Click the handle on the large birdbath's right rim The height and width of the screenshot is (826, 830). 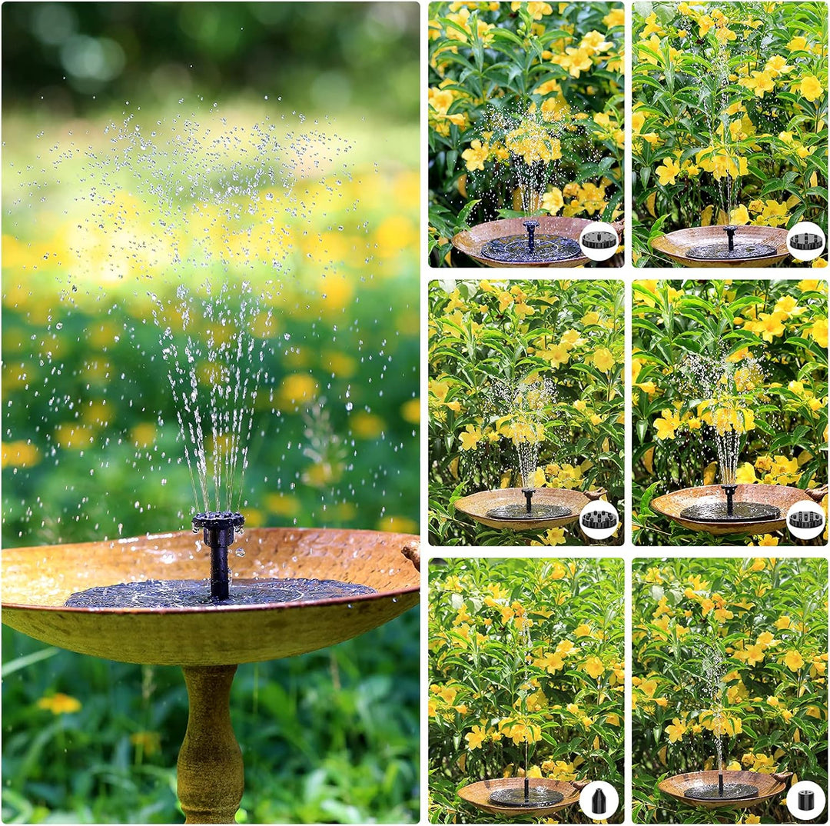click(x=412, y=551)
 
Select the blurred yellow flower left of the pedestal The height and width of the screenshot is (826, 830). click(x=59, y=702)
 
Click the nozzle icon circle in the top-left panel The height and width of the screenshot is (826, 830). click(x=599, y=241)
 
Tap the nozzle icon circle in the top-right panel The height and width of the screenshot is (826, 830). click(x=805, y=241)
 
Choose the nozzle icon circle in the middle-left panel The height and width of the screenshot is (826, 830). click(x=599, y=519)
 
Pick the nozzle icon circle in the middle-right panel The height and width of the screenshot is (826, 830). click(x=805, y=519)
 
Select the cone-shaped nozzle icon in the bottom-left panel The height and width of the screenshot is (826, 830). click(x=599, y=800)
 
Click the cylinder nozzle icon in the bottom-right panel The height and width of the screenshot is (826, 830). click(x=805, y=800)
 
